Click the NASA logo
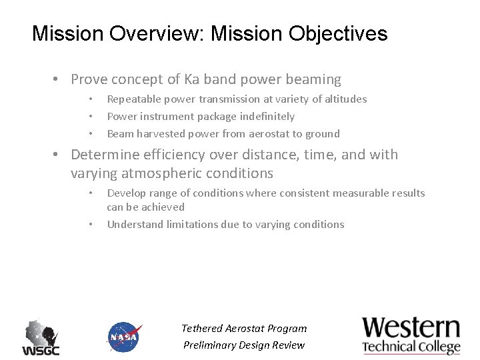pyautogui.click(x=124, y=337)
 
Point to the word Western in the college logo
pyautogui.click(x=411, y=328)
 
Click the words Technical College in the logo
pyautogui.click(x=411, y=347)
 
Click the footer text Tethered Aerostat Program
pyautogui.click(x=244, y=328)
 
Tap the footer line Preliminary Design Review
pyautogui.click(x=244, y=345)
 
